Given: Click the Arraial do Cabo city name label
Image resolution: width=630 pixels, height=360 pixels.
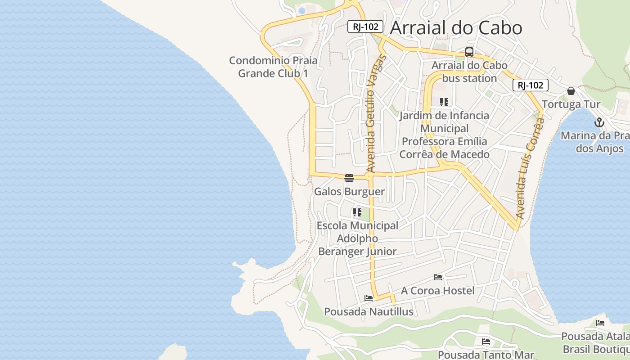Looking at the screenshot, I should [x=456, y=28].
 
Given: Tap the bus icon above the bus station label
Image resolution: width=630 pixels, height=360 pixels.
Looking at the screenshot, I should [x=469, y=52].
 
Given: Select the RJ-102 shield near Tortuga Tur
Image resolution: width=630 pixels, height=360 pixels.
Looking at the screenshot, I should [x=531, y=85].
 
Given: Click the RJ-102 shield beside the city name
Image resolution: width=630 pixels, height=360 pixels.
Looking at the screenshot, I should [x=365, y=27].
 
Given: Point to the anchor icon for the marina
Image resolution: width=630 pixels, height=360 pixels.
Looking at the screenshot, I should [x=599, y=122].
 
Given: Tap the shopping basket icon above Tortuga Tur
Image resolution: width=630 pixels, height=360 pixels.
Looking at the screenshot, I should [x=571, y=91].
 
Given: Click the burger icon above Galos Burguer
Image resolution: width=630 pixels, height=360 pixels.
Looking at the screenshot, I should [x=349, y=178].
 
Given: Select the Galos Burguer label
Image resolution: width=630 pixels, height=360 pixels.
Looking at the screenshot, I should [x=349, y=192].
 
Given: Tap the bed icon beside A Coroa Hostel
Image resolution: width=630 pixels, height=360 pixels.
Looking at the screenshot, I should [x=438, y=277].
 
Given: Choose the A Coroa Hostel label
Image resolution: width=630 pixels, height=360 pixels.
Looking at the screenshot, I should [x=437, y=291].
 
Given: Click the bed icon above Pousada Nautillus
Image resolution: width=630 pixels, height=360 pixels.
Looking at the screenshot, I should [x=369, y=298].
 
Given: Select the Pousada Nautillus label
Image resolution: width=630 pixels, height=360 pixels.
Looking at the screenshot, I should [x=369, y=311].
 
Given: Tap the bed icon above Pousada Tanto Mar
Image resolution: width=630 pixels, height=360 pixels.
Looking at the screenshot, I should [x=486, y=342].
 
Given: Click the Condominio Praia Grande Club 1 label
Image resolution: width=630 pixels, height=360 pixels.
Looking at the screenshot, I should [x=273, y=67].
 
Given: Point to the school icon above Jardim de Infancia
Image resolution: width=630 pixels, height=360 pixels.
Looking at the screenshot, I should [x=444, y=102].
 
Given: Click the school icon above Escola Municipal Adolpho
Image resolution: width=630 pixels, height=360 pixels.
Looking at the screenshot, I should [x=357, y=212].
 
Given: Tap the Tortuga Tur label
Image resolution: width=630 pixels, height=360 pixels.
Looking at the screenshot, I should [x=571, y=104].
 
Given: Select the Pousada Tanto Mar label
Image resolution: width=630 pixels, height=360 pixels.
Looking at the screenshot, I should [x=486, y=355].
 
